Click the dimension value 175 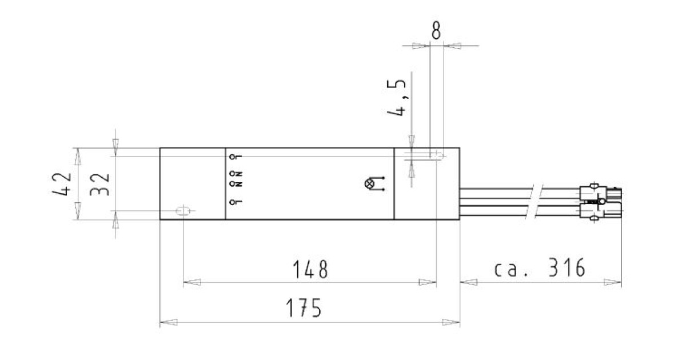304,307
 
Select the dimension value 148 310,269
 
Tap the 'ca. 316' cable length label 540,267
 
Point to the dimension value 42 62,183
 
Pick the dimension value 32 99,184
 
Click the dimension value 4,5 397,98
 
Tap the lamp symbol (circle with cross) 369,183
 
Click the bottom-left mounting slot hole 182,211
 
